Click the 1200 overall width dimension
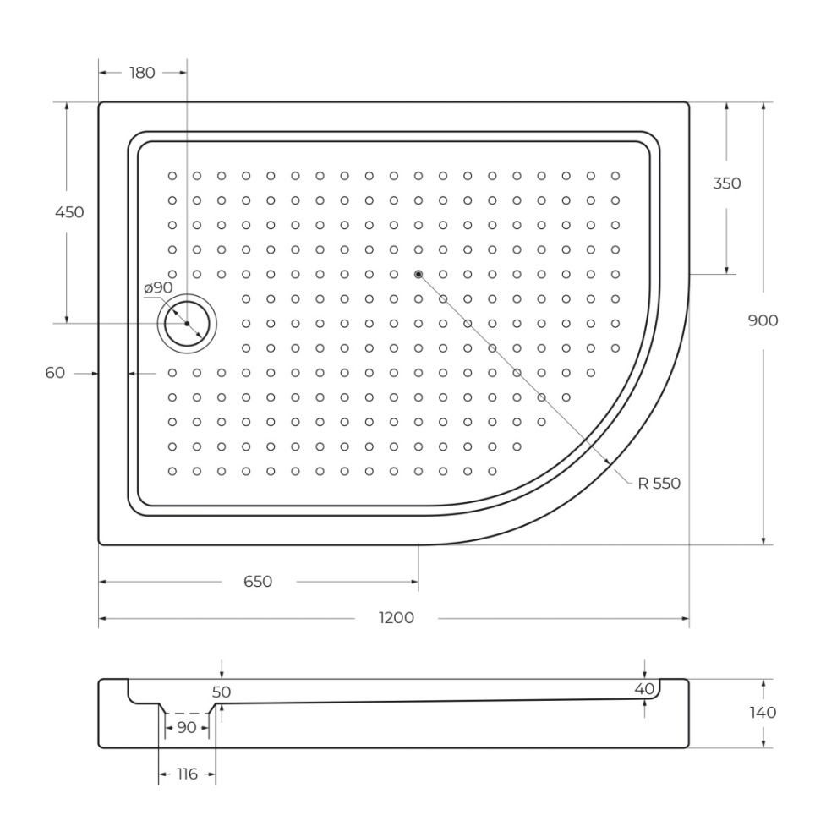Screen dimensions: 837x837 pyautogui.click(x=396, y=618)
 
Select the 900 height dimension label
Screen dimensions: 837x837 pyautogui.click(x=763, y=320)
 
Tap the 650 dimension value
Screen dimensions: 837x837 pyautogui.click(x=258, y=581)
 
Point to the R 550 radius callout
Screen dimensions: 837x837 pyautogui.click(x=659, y=483)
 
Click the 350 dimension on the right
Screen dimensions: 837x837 pyautogui.click(x=727, y=183)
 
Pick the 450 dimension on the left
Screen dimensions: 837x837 pyautogui.click(x=69, y=212)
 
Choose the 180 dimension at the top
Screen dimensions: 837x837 pyautogui.click(x=142, y=73)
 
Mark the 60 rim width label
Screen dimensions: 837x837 pyautogui.click(x=55, y=373)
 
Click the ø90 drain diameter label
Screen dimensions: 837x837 pyautogui.click(x=159, y=287)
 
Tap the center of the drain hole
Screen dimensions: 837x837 pyautogui.click(x=187, y=324)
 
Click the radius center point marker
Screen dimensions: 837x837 pyautogui.click(x=418, y=275)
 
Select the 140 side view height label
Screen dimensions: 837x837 pyautogui.click(x=763, y=713)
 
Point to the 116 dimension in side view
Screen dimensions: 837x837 pyautogui.click(x=187, y=774)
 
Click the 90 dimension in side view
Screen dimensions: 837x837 pyautogui.click(x=186, y=728)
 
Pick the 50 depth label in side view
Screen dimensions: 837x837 pyautogui.click(x=221, y=692)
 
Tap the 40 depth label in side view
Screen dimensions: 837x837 pyautogui.click(x=644, y=689)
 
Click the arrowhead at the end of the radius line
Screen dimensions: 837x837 pyautogui.click(x=607, y=461)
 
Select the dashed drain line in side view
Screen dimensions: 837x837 pyautogui.click(x=187, y=714)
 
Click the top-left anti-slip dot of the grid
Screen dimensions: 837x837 pyautogui.click(x=172, y=176)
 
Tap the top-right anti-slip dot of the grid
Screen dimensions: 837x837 pyautogui.click(x=615, y=176)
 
